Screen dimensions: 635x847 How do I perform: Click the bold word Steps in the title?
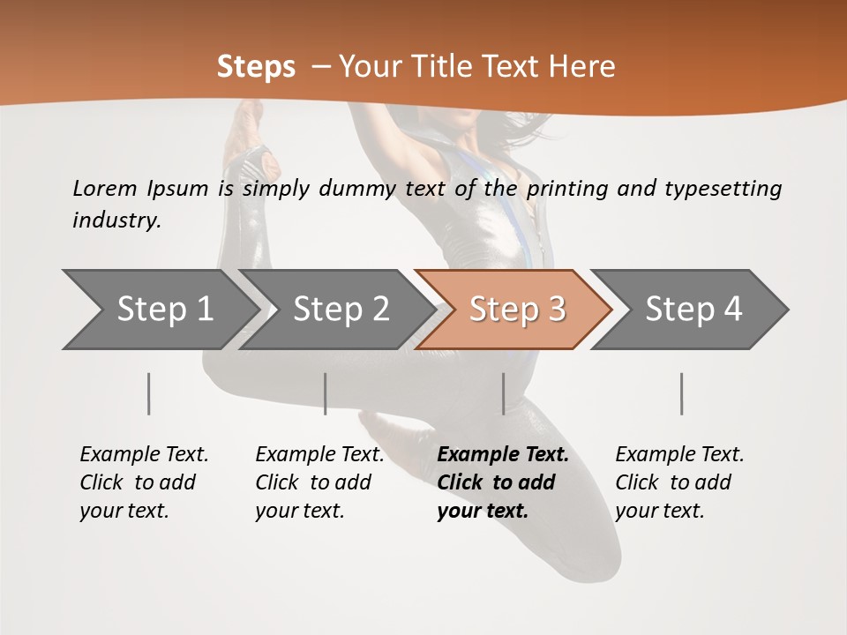(256, 67)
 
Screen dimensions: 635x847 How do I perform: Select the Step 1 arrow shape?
(159, 310)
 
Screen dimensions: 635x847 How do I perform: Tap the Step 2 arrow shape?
(335, 310)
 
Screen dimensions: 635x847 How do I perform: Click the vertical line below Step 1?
(149, 393)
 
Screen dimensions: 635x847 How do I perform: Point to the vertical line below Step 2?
(326, 393)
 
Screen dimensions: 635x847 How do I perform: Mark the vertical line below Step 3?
(503, 393)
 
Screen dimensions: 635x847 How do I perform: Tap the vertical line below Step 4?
(681, 393)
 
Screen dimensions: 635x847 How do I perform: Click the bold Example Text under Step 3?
(503, 482)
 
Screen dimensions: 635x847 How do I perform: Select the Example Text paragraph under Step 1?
(144, 482)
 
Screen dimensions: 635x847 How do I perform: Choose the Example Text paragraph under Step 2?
(319, 482)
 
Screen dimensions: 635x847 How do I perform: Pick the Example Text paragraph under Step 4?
(679, 482)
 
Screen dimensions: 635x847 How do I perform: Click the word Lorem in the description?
(104, 188)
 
